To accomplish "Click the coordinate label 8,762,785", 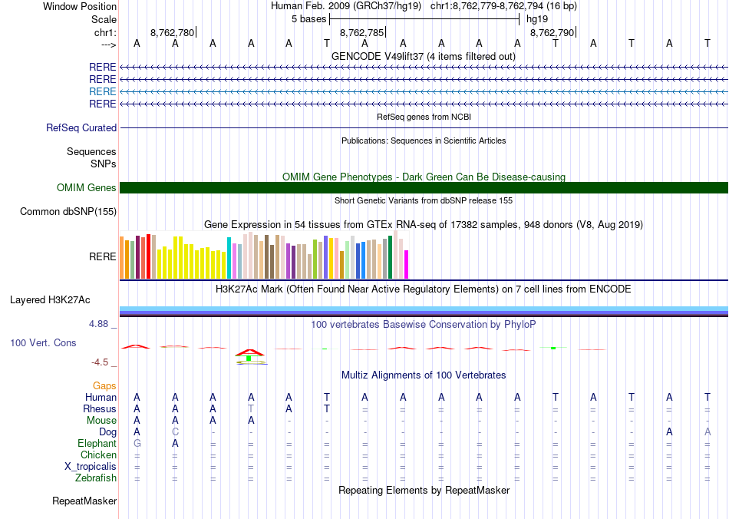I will coord(361,33).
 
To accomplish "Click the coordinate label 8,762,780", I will coord(172,33).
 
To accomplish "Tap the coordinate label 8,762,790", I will coord(551,33).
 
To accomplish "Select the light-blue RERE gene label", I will coord(103,91).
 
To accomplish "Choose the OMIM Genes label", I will coord(87,188).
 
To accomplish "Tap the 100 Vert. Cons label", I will coord(43,342).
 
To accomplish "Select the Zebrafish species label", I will coord(97,478).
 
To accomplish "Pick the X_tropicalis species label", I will coord(91,467).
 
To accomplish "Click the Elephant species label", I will coord(97,444).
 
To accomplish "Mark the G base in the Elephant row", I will coord(137,444).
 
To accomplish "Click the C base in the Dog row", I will coord(175,432).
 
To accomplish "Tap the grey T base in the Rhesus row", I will coord(251,409).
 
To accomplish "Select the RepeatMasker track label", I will coord(84,501).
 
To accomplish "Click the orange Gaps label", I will coord(104,385).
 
